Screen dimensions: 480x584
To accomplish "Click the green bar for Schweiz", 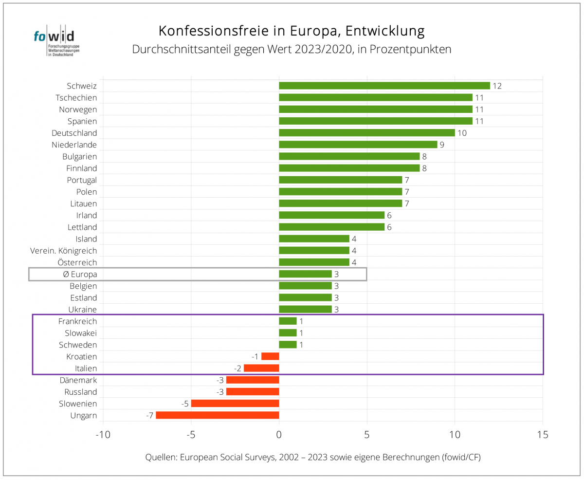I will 384,86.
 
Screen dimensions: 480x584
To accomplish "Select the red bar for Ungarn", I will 218,415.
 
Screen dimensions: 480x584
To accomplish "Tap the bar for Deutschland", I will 367,133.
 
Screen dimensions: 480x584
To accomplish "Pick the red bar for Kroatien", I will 270,356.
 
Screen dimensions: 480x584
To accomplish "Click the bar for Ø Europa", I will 305,274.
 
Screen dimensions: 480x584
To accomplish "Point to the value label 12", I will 497,86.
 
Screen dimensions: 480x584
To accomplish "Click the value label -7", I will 149,416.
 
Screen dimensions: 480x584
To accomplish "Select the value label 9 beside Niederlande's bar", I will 442,145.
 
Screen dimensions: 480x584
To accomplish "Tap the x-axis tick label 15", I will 543,434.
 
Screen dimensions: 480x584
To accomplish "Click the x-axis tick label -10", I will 103,434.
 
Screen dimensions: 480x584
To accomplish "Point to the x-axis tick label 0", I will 279,434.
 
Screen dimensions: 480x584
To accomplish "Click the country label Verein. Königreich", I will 63,251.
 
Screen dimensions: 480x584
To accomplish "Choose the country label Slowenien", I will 78,404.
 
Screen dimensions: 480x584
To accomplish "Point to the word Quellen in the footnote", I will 161,458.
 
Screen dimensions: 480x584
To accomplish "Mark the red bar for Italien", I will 261,368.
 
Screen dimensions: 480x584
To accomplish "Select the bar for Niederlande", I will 358,145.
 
